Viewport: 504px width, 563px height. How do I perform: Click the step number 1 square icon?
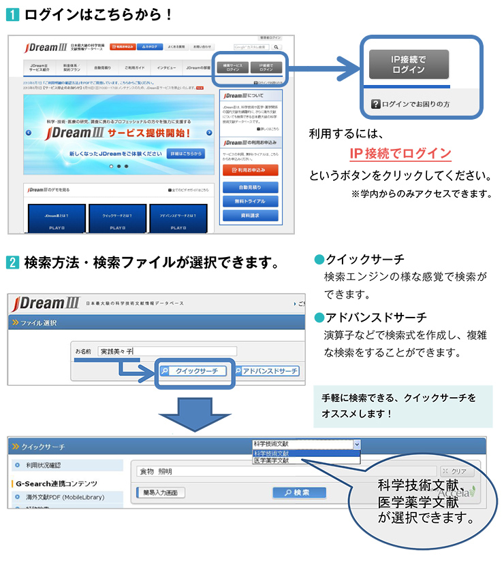tap(12, 14)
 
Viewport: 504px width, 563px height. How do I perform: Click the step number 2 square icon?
tap(12, 262)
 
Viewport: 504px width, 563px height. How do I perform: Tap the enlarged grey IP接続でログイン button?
tap(409, 65)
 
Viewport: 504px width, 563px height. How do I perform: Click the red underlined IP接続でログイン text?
tap(400, 153)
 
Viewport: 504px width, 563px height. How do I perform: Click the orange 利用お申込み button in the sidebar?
tap(250, 169)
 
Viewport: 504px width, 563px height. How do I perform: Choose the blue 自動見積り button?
tap(250, 186)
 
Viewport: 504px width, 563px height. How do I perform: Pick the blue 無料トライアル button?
tap(250, 201)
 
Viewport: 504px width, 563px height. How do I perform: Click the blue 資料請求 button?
tap(250, 216)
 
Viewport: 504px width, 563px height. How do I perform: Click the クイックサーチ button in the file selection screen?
tap(193, 371)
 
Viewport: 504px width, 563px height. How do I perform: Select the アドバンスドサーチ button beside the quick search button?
tap(266, 371)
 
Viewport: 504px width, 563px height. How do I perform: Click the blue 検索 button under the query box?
tap(299, 492)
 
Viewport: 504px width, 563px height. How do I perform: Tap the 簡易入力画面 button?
tap(161, 492)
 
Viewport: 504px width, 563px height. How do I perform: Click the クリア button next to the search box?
tap(456, 471)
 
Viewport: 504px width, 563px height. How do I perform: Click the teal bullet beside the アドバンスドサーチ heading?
tap(317, 318)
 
